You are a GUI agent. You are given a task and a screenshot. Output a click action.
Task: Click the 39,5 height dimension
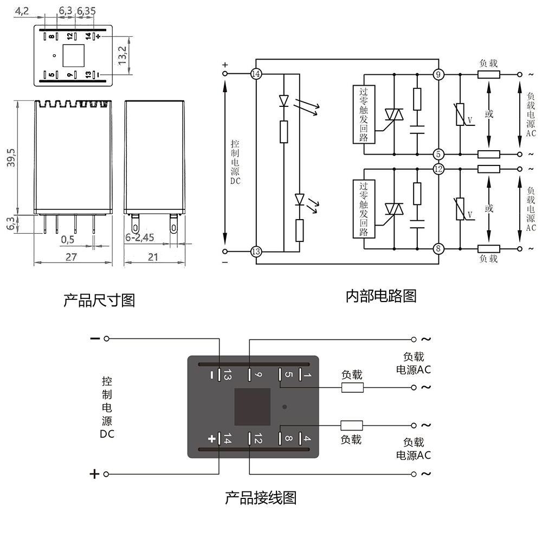11,157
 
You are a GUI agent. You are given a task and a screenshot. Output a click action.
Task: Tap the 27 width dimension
71,257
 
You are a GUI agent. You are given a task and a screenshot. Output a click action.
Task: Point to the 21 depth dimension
153,257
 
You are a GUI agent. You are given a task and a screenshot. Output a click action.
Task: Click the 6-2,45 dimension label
140,238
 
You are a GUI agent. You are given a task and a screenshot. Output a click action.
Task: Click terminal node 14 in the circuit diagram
256,74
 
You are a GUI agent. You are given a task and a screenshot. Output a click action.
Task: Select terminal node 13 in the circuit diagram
256,251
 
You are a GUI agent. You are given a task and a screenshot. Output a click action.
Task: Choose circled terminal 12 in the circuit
438,169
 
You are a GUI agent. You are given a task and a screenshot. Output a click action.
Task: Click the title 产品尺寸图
99,300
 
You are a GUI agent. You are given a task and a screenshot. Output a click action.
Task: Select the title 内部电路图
381,296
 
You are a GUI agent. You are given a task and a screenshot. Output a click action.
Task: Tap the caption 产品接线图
261,498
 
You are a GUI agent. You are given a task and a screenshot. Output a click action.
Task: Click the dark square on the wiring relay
252,407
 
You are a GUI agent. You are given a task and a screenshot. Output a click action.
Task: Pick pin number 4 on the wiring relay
306,438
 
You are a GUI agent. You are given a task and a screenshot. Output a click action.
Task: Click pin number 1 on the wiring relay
306,375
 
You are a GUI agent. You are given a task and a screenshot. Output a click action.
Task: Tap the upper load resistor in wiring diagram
352,387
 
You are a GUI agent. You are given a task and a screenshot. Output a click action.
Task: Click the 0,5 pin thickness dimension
68,239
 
